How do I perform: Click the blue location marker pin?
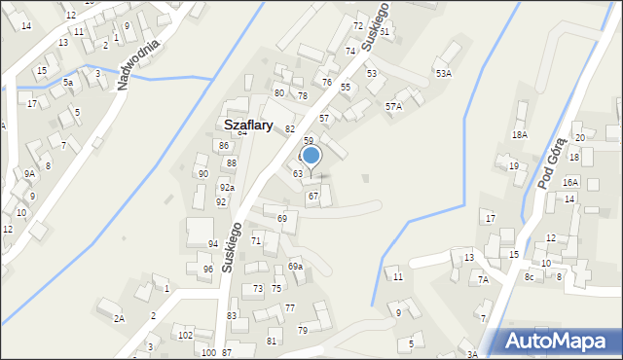click(311, 156)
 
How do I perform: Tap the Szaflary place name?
click(254, 126)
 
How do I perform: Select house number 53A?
click(443, 74)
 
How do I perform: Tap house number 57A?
click(393, 106)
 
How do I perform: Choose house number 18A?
click(520, 135)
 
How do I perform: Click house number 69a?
click(295, 267)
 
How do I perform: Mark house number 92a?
click(226, 188)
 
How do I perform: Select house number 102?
click(185, 336)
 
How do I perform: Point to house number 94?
click(212, 243)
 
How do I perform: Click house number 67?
click(312, 197)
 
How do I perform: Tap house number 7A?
click(482, 280)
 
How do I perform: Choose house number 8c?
click(530, 277)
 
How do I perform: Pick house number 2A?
click(119, 318)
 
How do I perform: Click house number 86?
click(223, 146)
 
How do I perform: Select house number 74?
click(350, 51)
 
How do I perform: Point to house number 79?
click(302, 331)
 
